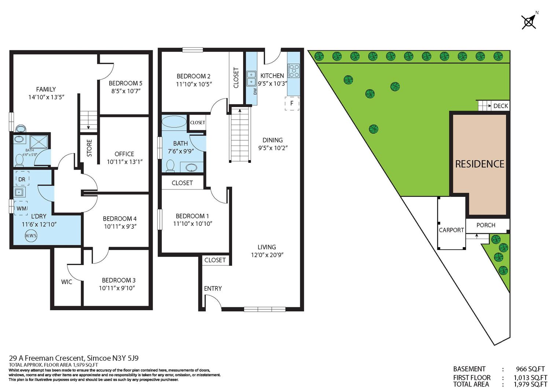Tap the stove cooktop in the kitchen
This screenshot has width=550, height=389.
(x=293, y=71)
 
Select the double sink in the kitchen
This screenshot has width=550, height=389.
(x=251, y=78)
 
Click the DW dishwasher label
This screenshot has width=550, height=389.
(x=255, y=91)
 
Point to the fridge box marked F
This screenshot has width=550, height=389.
(x=292, y=103)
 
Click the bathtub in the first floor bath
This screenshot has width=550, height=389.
(x=174, y=122)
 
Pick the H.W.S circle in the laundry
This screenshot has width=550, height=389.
(x=31, y=236)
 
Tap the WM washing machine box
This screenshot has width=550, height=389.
(x=21, y=208)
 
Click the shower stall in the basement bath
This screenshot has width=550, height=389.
(x=39, y=142)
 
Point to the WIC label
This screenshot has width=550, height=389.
(x=66, y=282)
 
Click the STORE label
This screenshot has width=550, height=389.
(x=89, y=148)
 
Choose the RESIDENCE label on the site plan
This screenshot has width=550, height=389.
(x=480, y=164)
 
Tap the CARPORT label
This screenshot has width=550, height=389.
(x=451, y=230)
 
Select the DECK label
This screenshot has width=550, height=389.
(x=500, y=106)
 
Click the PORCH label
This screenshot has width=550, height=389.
(x=486, y=225)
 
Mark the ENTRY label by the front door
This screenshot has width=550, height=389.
(x=213, y=289)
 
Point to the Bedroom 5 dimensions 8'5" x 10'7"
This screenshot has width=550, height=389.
(x=126, y=91)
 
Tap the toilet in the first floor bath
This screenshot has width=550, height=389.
(x=170, y=166)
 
